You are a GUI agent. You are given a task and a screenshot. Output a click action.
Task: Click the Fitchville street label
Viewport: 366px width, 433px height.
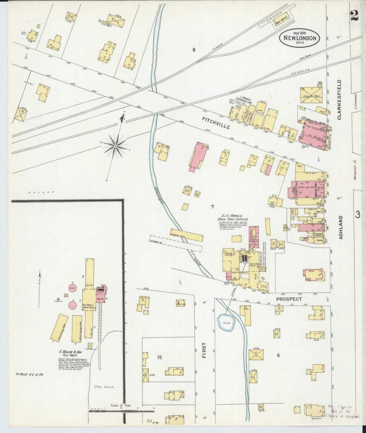click(216, 123)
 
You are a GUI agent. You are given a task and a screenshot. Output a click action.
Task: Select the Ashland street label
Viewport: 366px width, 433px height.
click(341, 227)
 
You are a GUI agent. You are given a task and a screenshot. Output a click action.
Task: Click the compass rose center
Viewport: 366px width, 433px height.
click(115, 146)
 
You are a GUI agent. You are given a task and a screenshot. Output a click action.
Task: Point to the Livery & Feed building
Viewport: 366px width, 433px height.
click(311, 95)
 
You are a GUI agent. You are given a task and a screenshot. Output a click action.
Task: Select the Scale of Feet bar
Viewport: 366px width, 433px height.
click(121, 411)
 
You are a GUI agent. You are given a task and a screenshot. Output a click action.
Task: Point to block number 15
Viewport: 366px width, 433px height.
click(159, 357)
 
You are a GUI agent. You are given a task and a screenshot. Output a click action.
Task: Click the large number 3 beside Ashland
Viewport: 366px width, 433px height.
click(357, 215)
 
